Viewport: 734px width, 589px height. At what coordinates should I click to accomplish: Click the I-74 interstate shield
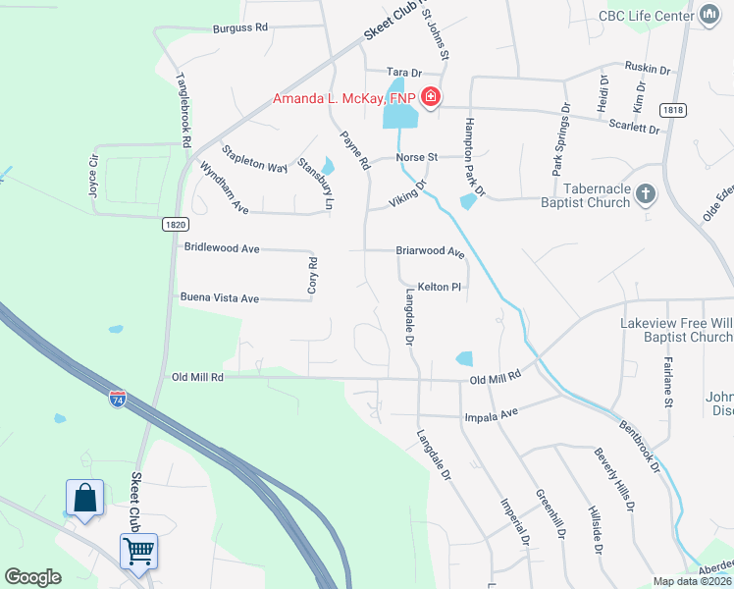pos(118,400)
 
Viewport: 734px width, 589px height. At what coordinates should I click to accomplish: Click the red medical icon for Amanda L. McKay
pos(430,97)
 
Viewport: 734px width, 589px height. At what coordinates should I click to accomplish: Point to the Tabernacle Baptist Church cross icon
pos(646,193)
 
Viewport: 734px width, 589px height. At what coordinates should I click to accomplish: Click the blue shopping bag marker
pos(85,497)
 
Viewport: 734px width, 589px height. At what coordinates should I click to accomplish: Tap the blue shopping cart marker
pos(138,551)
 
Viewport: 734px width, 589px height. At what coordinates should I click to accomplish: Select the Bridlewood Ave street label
pos(222,249)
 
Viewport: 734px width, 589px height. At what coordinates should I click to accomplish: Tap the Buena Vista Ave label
pos(219,297)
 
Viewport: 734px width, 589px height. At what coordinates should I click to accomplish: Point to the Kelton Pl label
pos(439,287)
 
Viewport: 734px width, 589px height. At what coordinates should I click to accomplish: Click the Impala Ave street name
pos(495,415)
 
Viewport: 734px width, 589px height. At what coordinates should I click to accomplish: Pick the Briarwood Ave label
pos(430,251)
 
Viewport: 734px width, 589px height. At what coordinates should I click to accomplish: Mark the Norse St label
pos(416,157)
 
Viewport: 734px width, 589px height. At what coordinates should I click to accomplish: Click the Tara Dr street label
pos(403,73)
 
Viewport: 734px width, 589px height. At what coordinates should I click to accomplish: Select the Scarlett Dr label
pos(635,127)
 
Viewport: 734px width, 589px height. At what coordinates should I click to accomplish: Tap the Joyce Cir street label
pos(95,175)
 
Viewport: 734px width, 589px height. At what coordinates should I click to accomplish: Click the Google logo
pos(32,577)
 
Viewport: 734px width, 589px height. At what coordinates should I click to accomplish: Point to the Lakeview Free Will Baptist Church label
pos(677,330)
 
